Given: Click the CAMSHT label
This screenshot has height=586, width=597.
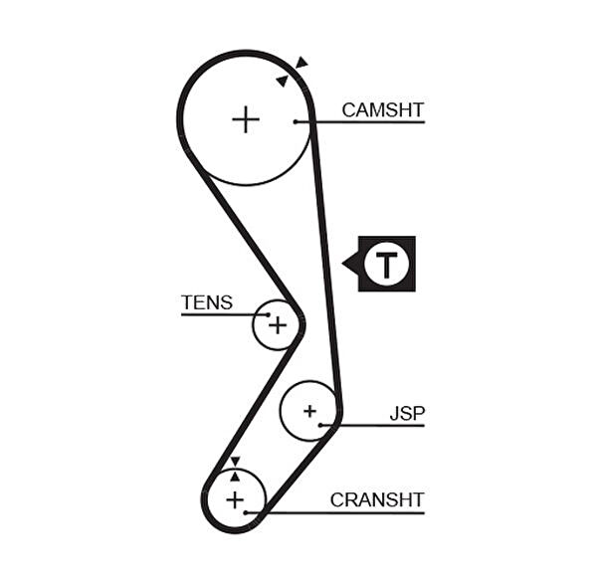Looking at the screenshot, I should [x=382, y=109].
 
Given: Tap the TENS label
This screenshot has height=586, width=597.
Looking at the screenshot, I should [x=207, y=302].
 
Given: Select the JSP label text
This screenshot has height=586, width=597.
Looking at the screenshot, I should [x=406, y=413].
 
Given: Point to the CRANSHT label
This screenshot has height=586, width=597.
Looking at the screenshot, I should [x=377, y=499].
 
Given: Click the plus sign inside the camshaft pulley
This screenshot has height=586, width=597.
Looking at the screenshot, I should [x=245, y=120].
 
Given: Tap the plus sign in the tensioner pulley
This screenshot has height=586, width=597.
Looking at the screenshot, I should [x=277, y=324].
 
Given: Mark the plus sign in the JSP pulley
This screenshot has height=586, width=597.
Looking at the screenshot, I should [x=309, y=410].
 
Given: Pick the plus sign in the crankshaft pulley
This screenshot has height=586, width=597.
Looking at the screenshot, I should [x=235, y=498].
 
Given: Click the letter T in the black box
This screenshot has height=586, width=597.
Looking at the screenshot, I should [x=386, y=264].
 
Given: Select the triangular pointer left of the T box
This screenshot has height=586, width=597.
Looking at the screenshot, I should [x=349, y=264].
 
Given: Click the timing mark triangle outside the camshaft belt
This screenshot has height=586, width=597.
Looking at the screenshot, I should [x=301, y=63].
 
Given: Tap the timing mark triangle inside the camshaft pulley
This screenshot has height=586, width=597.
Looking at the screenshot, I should [x=283, y=80].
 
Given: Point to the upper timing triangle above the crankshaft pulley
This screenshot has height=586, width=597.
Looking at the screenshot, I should [x=235, y=461].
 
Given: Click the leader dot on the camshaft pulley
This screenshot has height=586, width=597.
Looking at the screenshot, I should [x=296, y=121].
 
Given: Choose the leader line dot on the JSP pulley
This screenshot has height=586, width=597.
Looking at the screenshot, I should [x=321, y=425].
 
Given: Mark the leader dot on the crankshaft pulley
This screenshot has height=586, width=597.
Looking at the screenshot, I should [x=245, y=512].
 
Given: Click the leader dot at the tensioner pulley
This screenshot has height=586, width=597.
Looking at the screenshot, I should [x=268, y=314].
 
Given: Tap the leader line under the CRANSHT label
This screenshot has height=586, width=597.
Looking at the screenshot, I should [x=338, y=512].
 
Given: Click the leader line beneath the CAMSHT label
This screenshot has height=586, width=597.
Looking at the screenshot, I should [x=363, y=121].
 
